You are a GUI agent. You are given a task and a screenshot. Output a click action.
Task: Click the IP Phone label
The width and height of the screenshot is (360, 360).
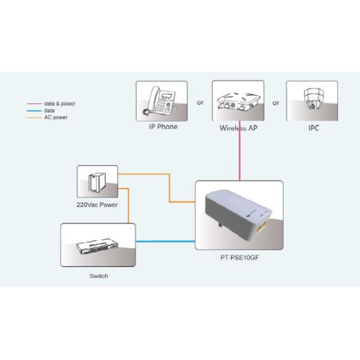[163, 127]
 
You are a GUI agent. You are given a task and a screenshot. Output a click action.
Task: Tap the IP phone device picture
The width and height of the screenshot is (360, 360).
[161, 101]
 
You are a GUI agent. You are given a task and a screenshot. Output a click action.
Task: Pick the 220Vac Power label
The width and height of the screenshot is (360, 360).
[97, 205]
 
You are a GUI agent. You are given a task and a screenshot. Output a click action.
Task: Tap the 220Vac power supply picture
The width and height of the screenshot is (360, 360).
[97, 181]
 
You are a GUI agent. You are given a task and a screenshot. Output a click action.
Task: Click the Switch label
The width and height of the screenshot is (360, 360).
[98, 277]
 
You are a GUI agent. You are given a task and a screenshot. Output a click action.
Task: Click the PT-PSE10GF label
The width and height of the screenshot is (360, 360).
[240, 260]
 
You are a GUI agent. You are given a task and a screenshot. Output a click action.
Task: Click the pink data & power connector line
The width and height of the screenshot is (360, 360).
[241, 156]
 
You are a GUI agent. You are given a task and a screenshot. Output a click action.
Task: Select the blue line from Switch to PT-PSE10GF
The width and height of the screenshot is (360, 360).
[166, 242]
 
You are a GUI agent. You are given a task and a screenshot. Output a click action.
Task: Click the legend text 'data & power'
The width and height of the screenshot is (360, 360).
[59, 104]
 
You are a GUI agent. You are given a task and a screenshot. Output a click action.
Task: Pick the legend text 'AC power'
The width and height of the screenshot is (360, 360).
[56, 118]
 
